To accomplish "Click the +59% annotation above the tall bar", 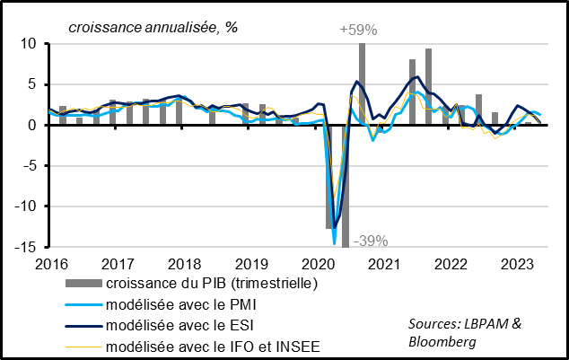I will pyautogui.click(x=358, y=31).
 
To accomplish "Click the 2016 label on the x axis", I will pyautogui.click(x=49, y=264).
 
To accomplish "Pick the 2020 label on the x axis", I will pyautogui.click(x=317, y=264).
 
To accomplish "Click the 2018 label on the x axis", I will pyautogui.click(x=183, y=264).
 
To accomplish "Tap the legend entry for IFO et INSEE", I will pyautogui.click(x=209, y=347).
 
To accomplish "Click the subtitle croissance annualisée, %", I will pyautogui.click(x=153, y=27).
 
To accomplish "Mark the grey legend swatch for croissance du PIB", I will pyautogui.click(x=81, y=284).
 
